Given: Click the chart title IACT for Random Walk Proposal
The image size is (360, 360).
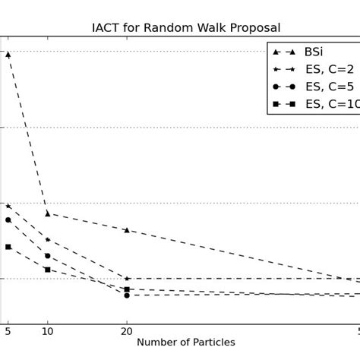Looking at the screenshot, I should (186, 28).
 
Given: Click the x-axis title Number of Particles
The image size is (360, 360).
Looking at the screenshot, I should (186, 343).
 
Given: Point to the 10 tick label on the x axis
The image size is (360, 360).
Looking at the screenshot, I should (47, 331).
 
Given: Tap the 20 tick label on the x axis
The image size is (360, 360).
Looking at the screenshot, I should (127, 331).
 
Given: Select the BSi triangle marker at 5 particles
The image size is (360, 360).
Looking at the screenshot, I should (8, 55).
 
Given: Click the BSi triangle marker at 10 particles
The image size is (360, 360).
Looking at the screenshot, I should (47, 213).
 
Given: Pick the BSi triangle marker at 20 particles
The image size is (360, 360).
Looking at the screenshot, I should (127, 230).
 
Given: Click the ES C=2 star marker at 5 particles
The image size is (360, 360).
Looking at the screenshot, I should (8, 206).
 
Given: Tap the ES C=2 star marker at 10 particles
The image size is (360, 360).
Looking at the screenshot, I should (47, 240).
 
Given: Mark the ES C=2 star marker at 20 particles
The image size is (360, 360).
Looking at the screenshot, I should (127, 279).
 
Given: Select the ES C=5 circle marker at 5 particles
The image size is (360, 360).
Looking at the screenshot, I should (8, 220).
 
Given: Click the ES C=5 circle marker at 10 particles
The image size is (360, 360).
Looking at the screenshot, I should (47, 256).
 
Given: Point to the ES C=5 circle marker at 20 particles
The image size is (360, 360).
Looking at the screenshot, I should (127, 295).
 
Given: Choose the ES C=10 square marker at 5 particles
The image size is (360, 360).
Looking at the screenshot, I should (8, 247).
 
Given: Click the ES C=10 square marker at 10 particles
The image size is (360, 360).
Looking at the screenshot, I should (47, 270).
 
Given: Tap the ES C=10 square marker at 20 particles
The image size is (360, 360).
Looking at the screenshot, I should (127, 289).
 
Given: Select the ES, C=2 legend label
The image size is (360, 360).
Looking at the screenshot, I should (328, 69).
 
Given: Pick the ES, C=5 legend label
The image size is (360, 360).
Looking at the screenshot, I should (328, 87).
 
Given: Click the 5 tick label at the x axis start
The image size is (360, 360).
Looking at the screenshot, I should (8, 331).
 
